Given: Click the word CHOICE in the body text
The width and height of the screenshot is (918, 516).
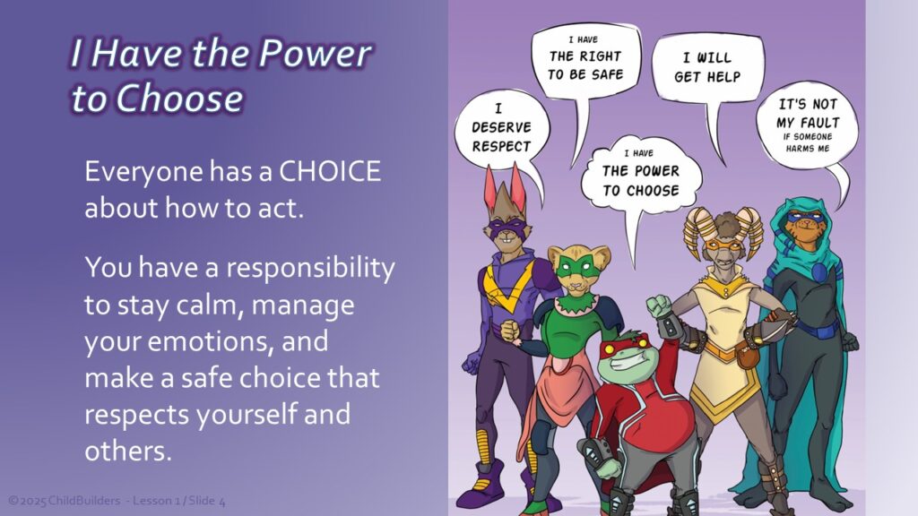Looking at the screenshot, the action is (x=330, y=171).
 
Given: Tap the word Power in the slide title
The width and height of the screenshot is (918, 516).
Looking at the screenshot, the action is (x=315, y=53).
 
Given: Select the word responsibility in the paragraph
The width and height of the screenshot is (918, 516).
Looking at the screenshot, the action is (x=310, y=269).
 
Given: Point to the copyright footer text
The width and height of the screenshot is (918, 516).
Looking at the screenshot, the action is (x=117, y=501).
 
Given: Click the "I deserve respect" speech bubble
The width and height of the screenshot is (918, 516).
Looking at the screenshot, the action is (x=502, y=128).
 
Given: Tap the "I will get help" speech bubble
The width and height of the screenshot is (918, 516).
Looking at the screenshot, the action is (x=707, y=67).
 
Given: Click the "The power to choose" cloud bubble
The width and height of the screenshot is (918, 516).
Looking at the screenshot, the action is (x=641, y=174).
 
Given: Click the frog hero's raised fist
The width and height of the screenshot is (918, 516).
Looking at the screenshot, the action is (x=659, y=306).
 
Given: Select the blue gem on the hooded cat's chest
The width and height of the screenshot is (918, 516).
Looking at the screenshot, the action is (x=819, y=272).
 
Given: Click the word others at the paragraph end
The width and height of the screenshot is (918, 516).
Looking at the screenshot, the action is (x=128, y=451).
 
